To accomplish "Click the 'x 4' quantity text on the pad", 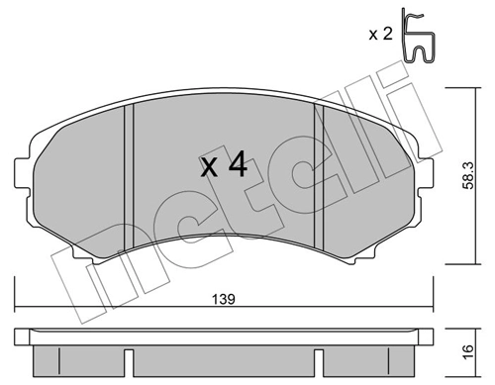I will (x=224, y=164).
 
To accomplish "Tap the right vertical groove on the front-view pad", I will (x=319, y=178).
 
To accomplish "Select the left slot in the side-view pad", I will (x=128, y=355).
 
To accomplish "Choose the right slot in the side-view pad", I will (x=318, y=355).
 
